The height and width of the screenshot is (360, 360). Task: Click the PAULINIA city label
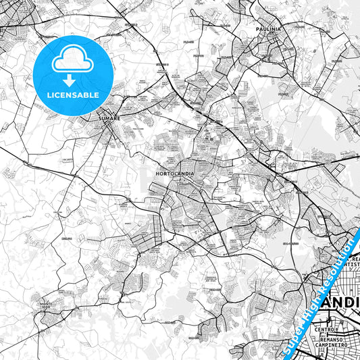pos(269,30)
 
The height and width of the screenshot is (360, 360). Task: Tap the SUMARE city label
pos(109,118)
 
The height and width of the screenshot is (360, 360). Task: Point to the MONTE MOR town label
pos(46,305)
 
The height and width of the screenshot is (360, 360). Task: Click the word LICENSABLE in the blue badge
pos(73,94)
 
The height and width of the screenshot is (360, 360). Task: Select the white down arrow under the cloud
pos(69,80)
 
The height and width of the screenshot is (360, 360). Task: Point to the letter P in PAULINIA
pos(258,30)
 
